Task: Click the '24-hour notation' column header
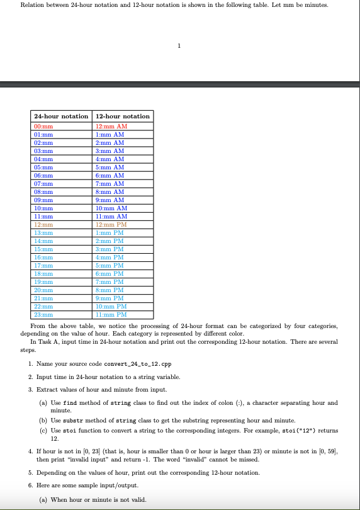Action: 61,116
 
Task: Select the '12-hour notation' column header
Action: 122,116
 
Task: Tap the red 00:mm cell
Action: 43,127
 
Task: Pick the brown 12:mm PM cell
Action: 111,224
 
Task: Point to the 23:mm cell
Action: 43,314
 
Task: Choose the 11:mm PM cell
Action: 111,314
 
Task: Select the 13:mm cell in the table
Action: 43,232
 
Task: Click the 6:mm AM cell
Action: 110,175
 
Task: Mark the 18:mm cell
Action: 43,273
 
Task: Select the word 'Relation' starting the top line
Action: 31,5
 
